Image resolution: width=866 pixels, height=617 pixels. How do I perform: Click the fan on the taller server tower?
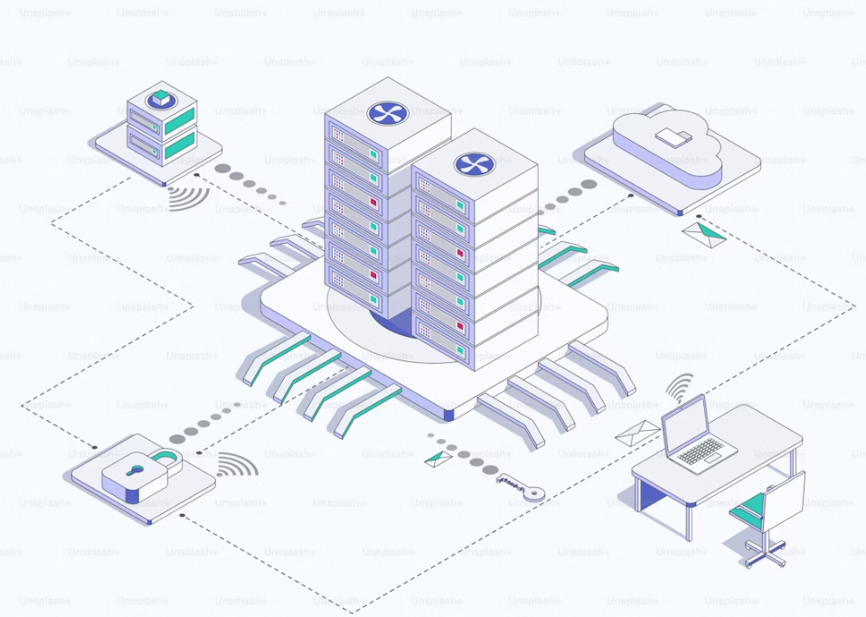click(387, 113)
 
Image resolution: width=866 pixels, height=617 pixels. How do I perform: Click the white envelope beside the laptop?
click(637, 432)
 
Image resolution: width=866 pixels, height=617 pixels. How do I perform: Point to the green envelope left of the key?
click(438, 458)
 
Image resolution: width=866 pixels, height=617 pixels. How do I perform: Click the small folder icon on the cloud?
click(673, 137)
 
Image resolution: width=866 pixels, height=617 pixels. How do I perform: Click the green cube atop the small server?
click(161, 97)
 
